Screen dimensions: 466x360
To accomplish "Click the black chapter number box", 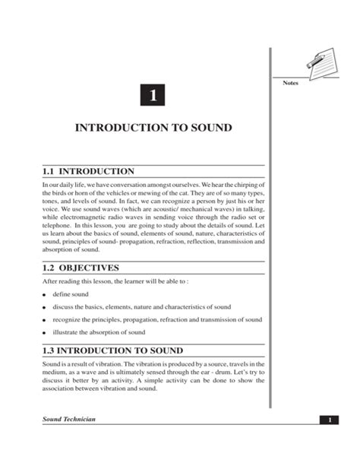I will (153, 97).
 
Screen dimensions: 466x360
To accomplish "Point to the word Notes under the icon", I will (291, 83).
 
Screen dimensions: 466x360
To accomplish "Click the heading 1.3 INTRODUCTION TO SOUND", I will (113, 351).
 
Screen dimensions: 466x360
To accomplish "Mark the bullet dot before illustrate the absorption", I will (45, 334).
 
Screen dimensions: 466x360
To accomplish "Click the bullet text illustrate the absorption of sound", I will (99, 333).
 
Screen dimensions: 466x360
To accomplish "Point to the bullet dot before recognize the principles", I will (45, 321).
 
